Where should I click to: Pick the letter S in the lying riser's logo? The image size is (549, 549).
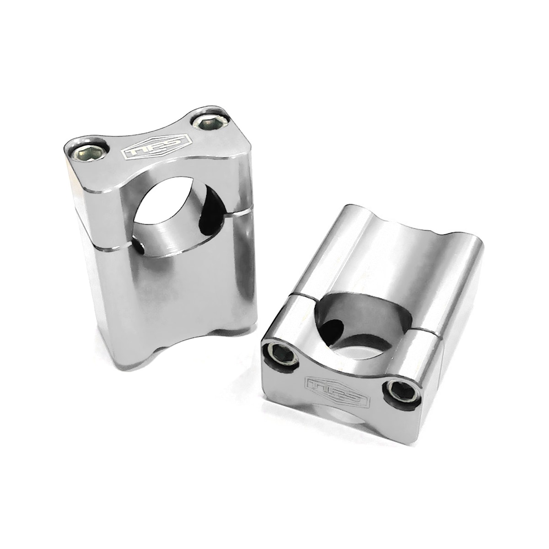click(355, 395)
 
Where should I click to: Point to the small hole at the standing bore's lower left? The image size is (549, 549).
click(140, 248)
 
